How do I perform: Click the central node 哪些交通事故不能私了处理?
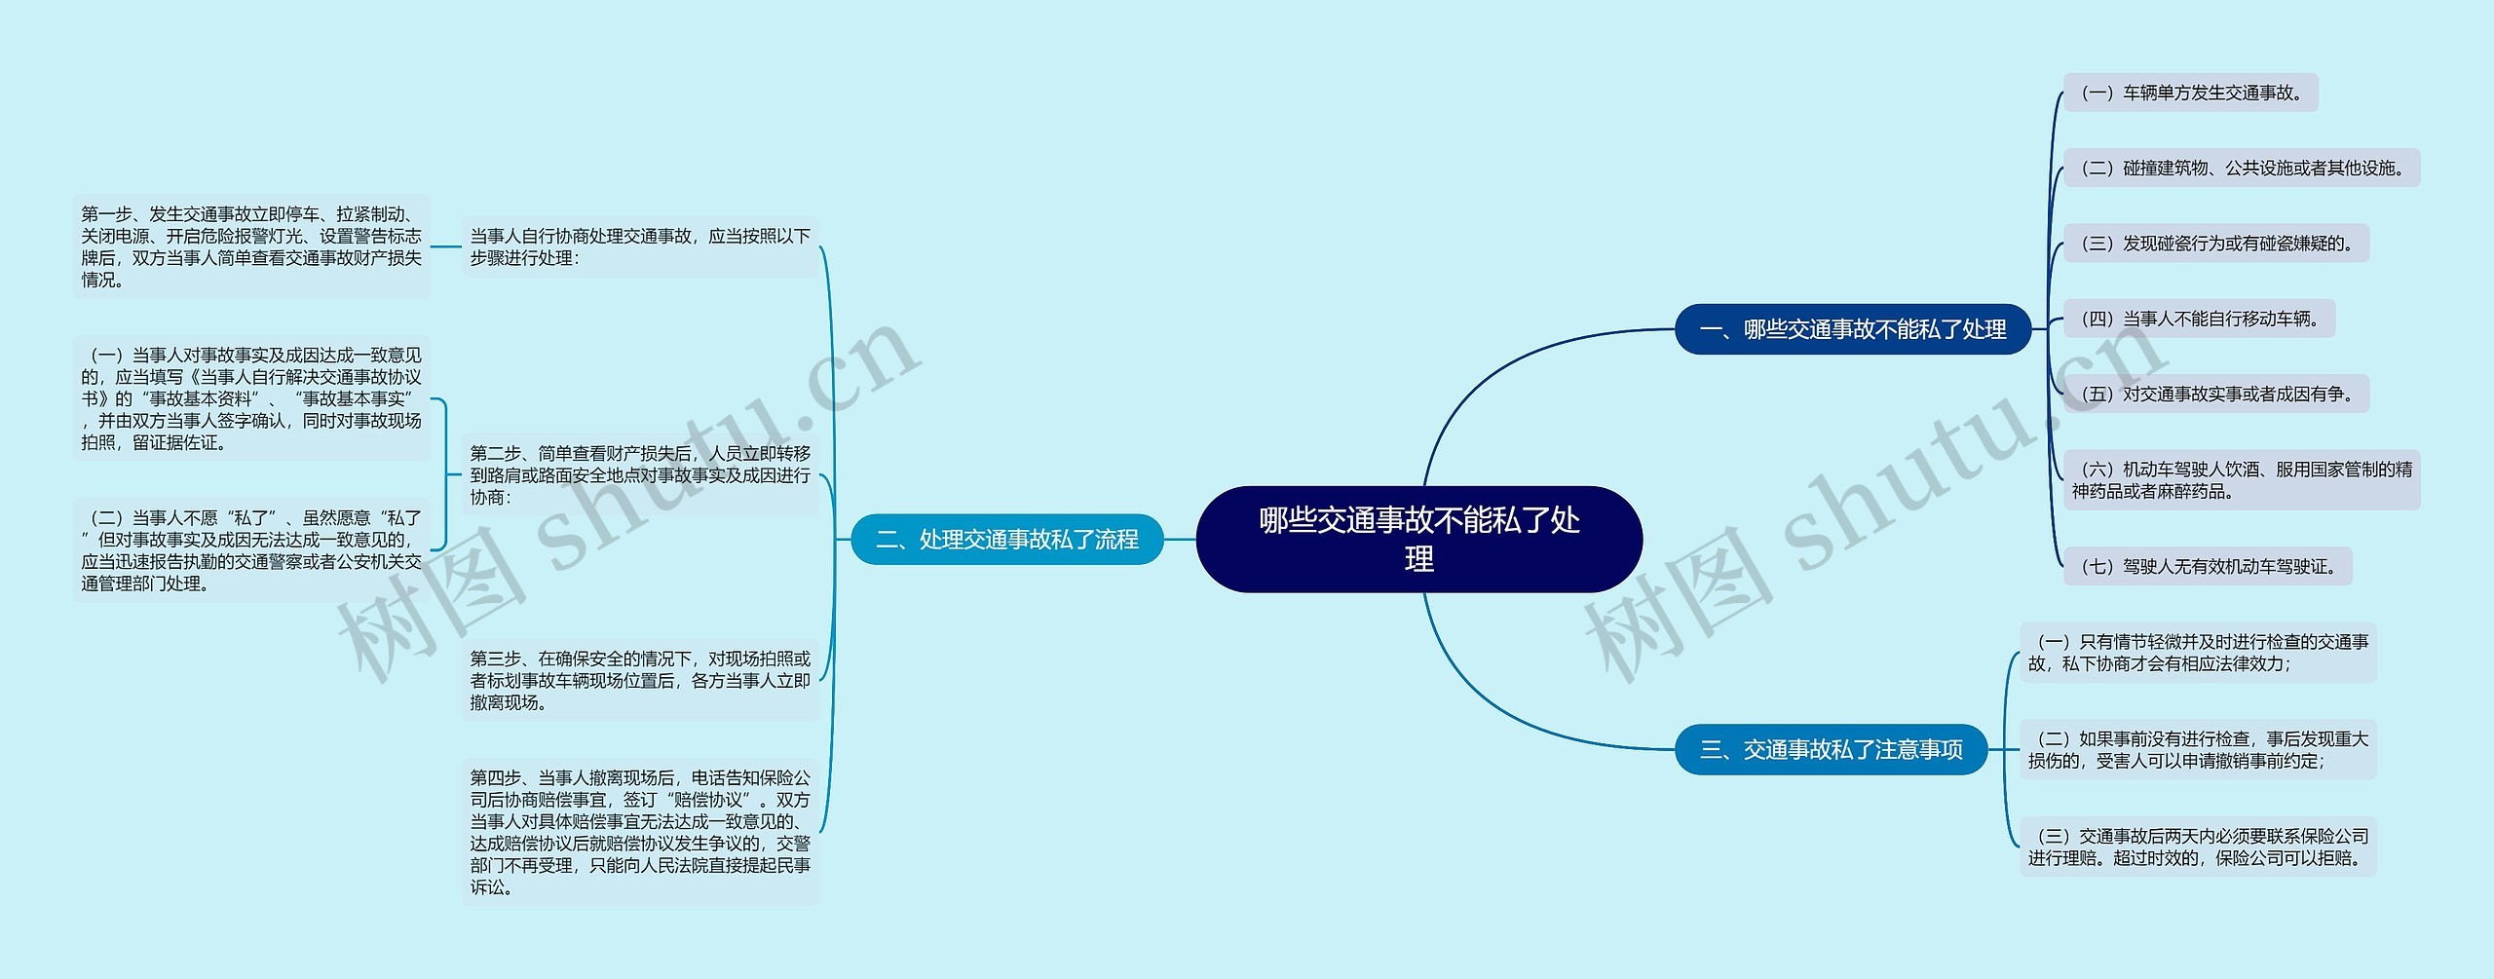1418,539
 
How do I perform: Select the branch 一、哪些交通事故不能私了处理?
1852,329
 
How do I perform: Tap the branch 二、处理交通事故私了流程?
1006,539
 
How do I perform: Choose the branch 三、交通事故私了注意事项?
1831,749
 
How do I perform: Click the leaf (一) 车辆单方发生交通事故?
2190,93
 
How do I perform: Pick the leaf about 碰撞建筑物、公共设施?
2241,168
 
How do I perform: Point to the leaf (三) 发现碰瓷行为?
2215,244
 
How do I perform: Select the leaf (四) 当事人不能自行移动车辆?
2199,319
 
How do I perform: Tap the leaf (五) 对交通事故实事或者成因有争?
2215,394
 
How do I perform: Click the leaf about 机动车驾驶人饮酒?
2241,480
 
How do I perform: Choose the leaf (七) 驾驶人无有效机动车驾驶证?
2207,566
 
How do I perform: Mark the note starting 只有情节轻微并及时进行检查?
2197,653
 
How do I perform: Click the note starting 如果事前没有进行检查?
2197,749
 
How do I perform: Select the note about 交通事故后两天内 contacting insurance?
2197,847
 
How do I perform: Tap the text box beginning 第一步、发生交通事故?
250,246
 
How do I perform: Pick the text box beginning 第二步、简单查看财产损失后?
640,475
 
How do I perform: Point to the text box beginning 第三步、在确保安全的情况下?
640,681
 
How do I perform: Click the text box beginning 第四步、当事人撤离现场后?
640,832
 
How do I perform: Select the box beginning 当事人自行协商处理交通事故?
640,246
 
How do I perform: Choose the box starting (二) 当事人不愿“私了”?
250,550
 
